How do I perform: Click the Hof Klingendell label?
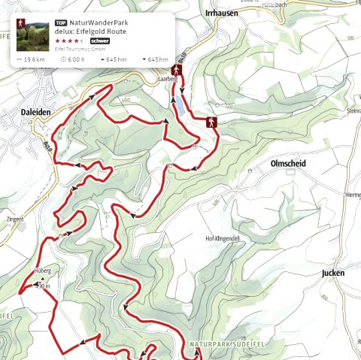(222, 238)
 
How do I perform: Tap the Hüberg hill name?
(41, 273)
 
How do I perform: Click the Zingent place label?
(14, 219)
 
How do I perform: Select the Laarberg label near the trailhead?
(165, 77)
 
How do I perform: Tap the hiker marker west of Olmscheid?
(212, 122)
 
